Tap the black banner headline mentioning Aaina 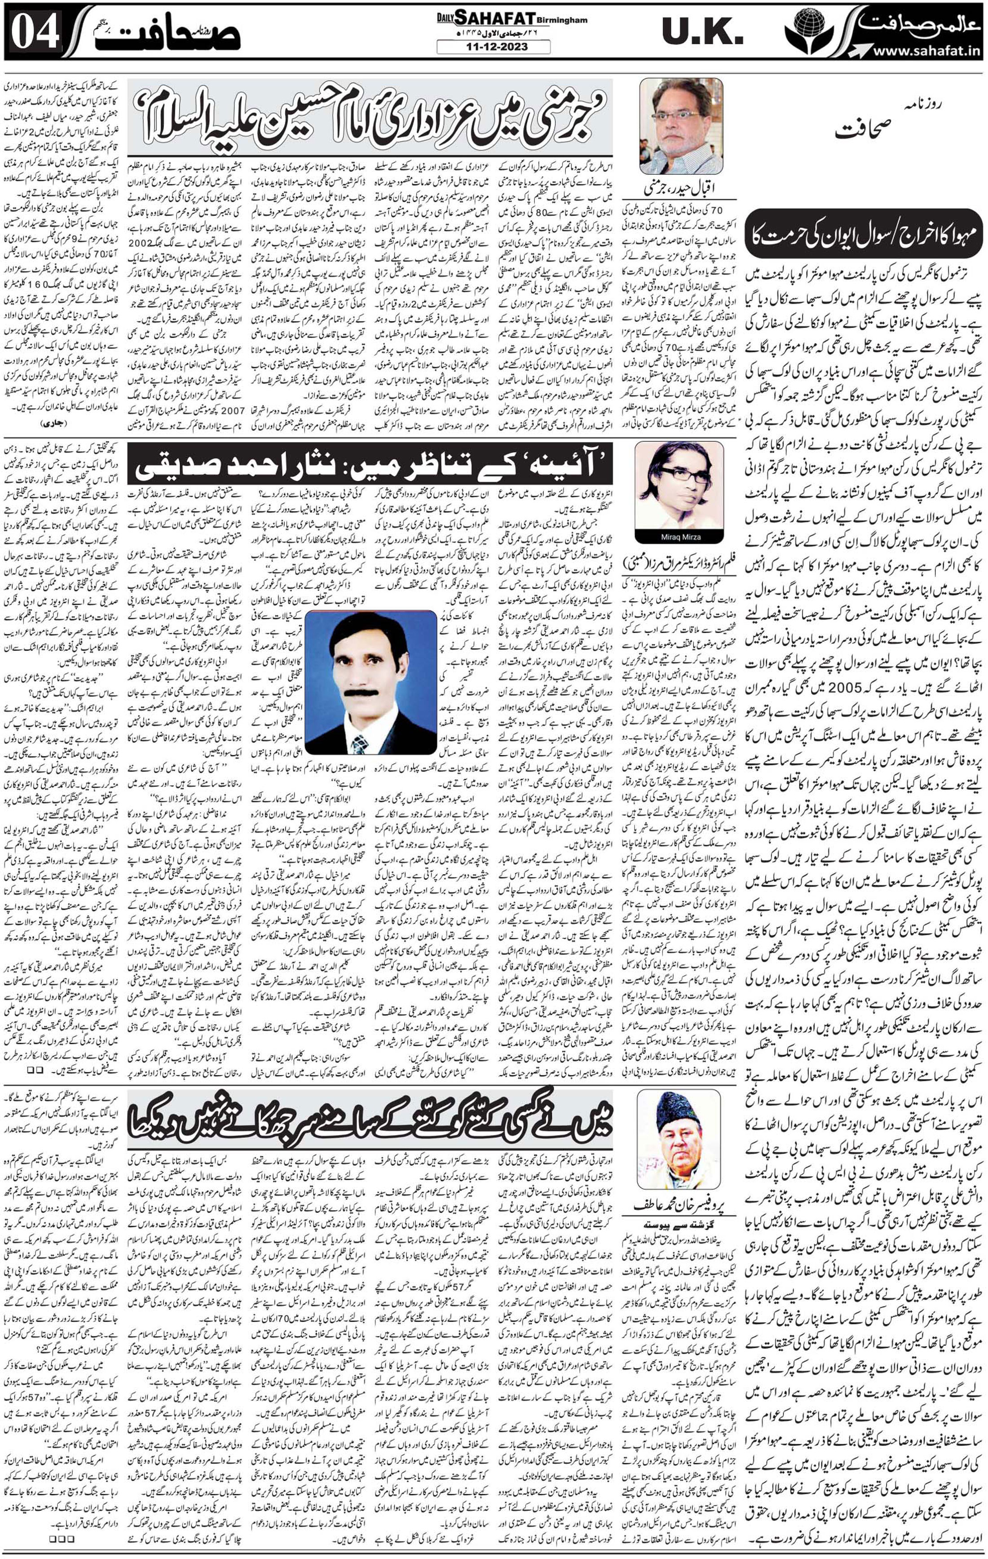(375, 465)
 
